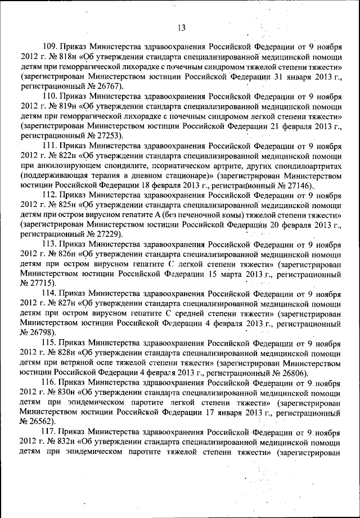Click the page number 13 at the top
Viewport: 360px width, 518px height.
pyautogui.click(x=181, y=28)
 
